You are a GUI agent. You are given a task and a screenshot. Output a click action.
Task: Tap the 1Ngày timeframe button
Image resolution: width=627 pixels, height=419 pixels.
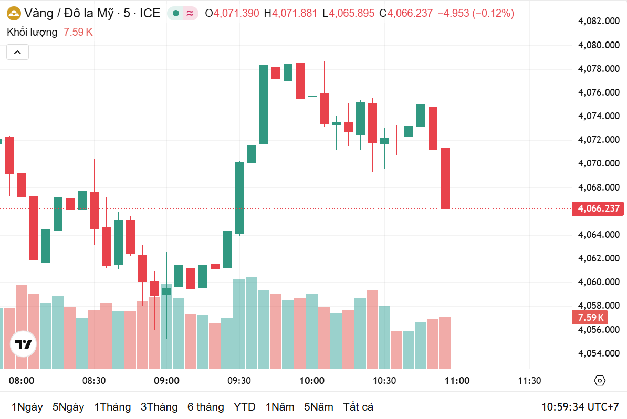point(27,407)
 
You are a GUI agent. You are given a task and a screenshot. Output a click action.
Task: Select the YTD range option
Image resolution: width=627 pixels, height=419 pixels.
point(244,407)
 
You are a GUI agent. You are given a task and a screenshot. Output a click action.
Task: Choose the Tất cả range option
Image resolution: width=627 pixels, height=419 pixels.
point(358,407)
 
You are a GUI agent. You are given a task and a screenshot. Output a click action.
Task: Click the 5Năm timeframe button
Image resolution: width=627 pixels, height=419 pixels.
point(318,407)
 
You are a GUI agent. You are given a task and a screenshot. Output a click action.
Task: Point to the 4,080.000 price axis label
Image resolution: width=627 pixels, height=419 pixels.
point(599,45)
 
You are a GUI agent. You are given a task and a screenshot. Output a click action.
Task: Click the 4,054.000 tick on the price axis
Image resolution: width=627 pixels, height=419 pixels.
point(599,353)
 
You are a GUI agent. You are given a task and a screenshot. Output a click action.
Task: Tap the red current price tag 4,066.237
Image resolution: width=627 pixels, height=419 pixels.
point(599,208)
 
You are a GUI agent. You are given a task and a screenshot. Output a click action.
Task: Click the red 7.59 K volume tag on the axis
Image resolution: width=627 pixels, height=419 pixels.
point(591,318)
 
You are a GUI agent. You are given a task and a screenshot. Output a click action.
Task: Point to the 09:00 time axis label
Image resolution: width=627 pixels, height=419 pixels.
point(166,381)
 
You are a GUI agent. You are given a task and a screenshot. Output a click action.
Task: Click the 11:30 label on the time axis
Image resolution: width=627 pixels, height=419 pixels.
point(529,381)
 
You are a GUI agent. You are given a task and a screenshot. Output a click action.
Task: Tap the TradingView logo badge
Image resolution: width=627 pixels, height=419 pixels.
point(24,344)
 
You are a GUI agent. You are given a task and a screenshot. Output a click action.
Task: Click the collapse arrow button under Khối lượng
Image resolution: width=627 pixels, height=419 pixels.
point(17,52)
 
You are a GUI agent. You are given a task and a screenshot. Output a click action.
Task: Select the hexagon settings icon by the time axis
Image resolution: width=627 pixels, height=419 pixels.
point(600,381)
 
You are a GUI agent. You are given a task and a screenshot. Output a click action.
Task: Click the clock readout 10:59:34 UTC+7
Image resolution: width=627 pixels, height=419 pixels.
point(580,407)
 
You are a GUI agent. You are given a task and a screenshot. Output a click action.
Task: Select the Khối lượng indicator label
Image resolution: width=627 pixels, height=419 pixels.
point(32,32)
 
